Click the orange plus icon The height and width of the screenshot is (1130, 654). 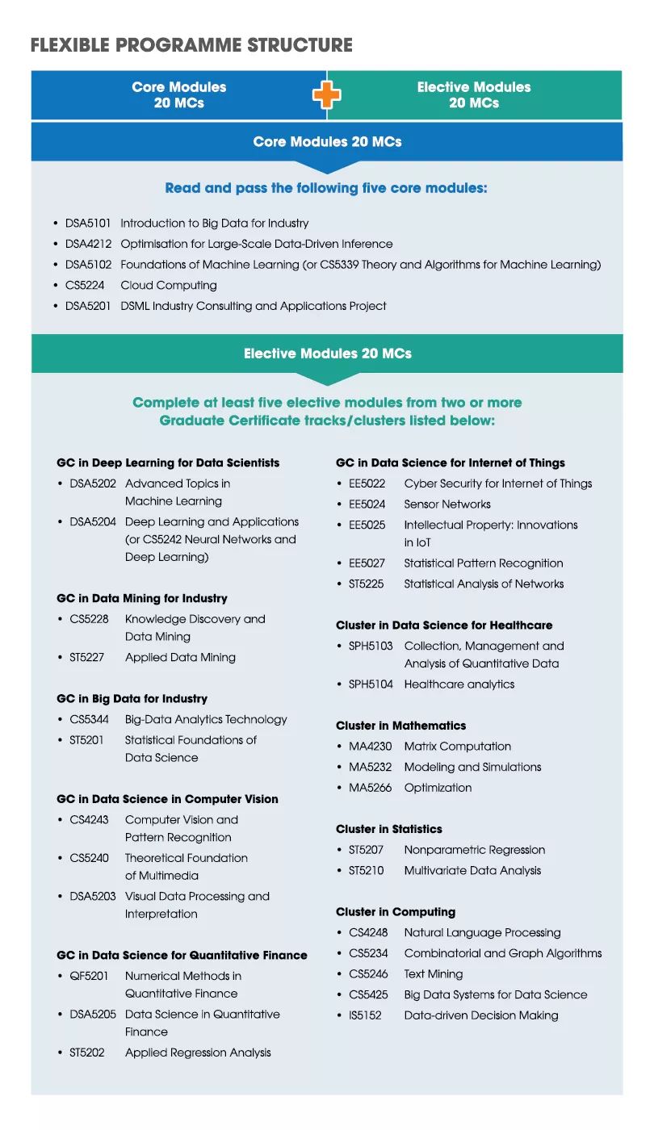click(327, 95)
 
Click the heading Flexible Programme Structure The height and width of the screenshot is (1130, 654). click(191, 45)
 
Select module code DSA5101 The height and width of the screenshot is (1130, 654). click(89, 223)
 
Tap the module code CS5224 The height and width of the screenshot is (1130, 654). click(85, 285)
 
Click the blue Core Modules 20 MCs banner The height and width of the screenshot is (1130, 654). click(327, 142)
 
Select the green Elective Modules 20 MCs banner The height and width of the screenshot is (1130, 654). click(327, 354)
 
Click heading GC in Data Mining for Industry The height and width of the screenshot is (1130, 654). click(142, 598)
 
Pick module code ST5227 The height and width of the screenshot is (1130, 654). click(86, 657)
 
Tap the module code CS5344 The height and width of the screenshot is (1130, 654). click(88, 719)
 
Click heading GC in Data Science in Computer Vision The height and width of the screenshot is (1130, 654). click(167, 799)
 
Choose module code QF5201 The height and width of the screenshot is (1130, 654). click(89, 976)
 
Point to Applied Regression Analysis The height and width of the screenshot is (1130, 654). click(198, 1053)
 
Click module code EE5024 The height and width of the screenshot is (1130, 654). click(367, 504)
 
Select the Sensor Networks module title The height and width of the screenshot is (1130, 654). click(447, 504)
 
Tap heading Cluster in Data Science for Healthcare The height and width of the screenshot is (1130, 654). click(444, 625)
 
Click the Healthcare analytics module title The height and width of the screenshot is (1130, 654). click(459, 684)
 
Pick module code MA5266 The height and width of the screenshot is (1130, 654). click(370, 788)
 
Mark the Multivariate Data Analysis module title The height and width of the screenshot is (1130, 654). click(472, 870)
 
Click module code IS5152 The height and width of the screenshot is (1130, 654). click(365, 1015)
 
